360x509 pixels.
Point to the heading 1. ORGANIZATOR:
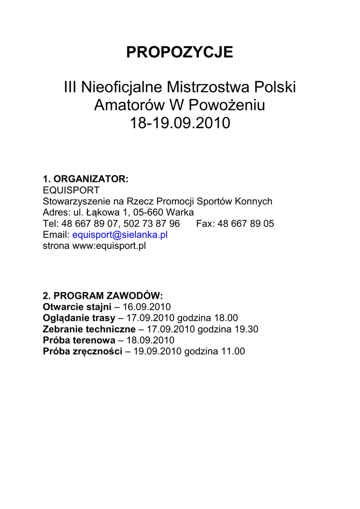(x=86, y=179)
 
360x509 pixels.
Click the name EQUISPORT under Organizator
(x=71, y=190)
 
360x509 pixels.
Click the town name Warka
(x=180, y=213)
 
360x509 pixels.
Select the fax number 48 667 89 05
(x=246, y=224)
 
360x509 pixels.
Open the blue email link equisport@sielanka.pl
(x=120, y=235)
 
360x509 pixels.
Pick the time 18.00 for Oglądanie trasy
(x=226, y=318)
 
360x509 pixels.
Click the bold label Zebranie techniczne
(x=89, y=329)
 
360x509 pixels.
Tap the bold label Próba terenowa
(x=80, y=340)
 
